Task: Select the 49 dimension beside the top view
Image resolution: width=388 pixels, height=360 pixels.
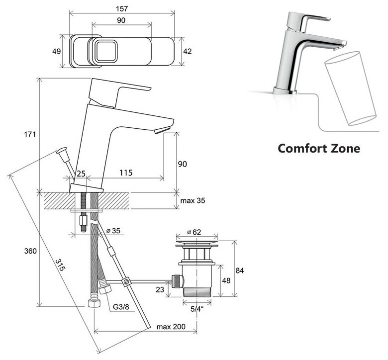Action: (x=56, y=51)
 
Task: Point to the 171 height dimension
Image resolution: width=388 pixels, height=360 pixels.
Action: (x=31, y=135)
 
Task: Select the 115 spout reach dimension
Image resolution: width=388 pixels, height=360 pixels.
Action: (x=125, y=173)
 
